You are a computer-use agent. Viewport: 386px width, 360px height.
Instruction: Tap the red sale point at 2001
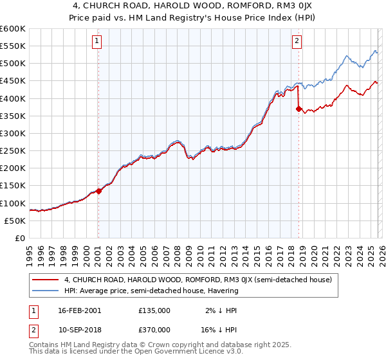(x=98, y=191)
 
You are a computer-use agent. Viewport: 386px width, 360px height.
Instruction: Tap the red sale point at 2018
(x=299, y=109)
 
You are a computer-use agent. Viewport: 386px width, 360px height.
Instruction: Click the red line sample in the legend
(x=46, y=280)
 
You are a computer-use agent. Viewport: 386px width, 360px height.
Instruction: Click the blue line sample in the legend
(x=46, y=291)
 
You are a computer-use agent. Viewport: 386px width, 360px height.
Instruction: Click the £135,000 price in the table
(x=154, y=310)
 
